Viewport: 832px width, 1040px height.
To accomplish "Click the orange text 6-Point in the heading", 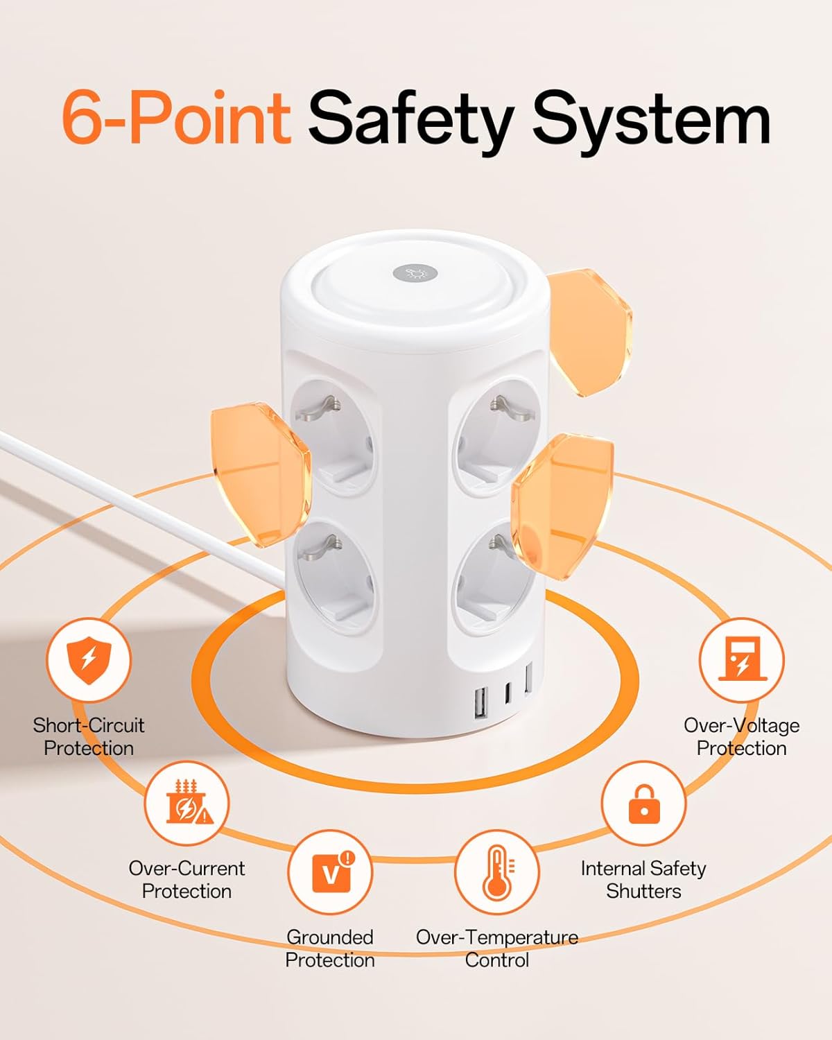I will (x=176, y=118).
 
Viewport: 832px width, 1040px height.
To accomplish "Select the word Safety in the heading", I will (x=409, y=119).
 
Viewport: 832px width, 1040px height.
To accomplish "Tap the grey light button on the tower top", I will (x=415, y=272).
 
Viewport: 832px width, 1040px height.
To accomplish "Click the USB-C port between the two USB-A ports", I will (x=508, y=692).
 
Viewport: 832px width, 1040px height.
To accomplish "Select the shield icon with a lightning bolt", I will (x=88, y=659).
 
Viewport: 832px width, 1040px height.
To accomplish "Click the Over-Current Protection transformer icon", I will (x=187, y=803).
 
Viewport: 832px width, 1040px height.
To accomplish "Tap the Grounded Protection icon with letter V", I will (x=330, y=872).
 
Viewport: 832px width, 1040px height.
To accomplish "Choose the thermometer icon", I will (x=497, y=872).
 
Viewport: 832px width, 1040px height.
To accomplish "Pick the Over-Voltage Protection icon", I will (x=741, y=659).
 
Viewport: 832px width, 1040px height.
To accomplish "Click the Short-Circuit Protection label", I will (x=89, y=736).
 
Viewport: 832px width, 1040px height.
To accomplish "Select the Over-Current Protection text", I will (x=187, y=879).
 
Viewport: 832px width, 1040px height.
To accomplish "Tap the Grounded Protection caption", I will (x=330, y=948).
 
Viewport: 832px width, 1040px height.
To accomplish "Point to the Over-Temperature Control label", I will (x=497, y=948).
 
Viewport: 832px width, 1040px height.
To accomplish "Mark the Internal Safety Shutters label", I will (x=643, y=879).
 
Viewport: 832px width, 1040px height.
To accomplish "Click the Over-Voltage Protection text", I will (x=741, y=736).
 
